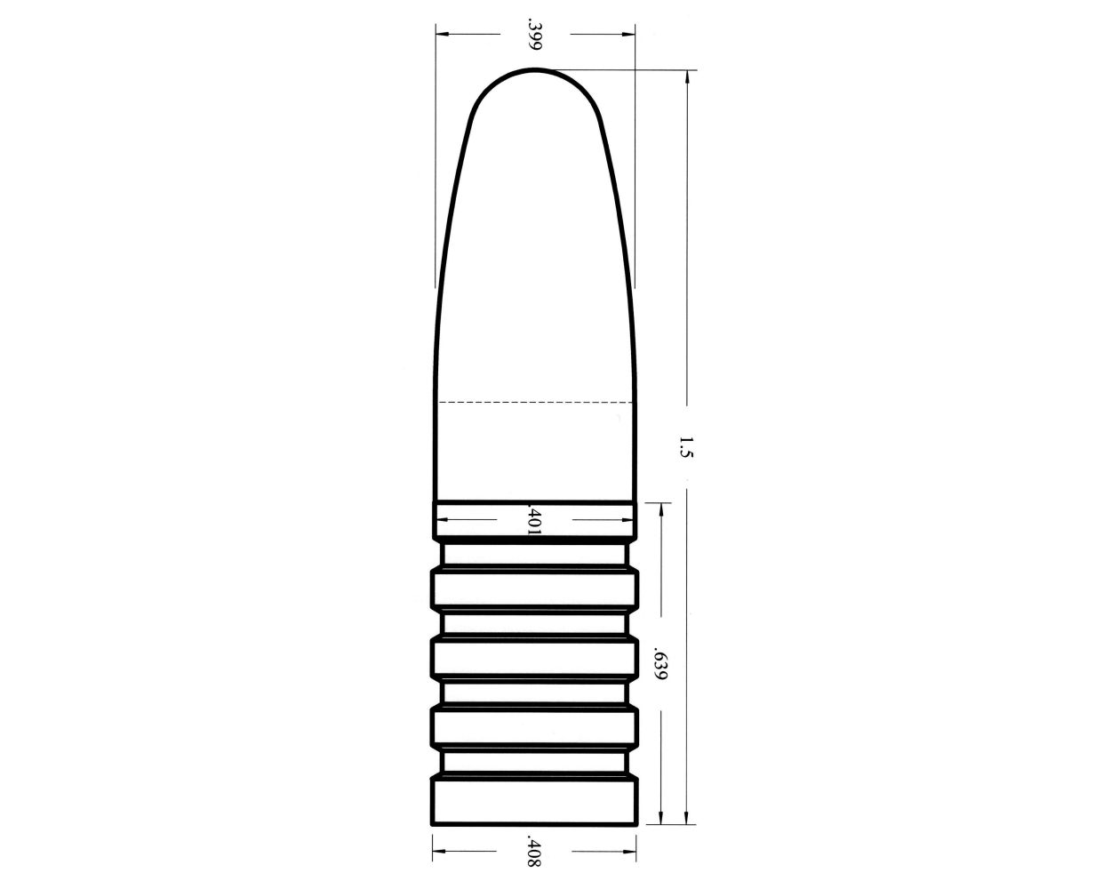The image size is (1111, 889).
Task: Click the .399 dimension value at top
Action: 534,35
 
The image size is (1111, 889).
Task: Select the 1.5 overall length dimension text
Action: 684,446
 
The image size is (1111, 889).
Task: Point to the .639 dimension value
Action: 659,663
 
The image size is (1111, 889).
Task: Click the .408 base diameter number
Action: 534,852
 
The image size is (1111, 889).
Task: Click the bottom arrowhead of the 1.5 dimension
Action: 686,819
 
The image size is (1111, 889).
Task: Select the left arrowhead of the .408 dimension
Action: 436,852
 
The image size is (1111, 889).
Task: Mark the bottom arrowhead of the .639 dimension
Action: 659,819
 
